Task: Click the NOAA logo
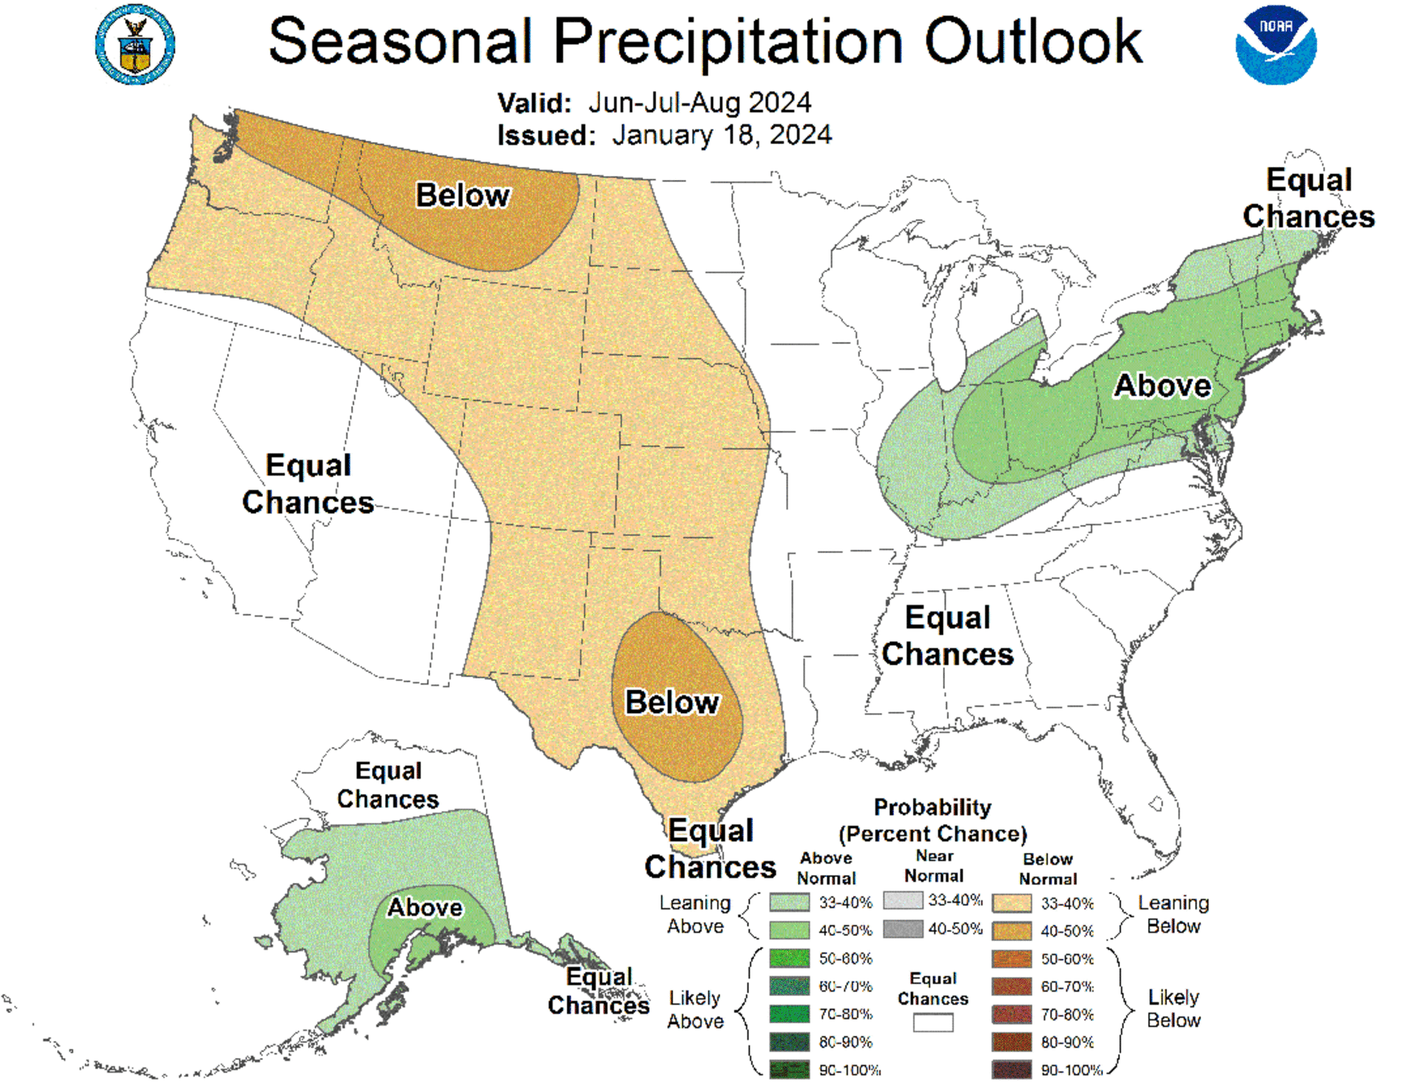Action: pos(1275,46)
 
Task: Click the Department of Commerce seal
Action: pos(135,46)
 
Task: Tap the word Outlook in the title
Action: pos(1033,42)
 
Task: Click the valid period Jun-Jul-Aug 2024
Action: pos(699,103)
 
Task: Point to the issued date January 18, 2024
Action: pos(721,135)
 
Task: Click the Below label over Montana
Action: pos(462,196)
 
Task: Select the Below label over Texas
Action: pos(672,702)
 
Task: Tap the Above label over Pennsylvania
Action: pos(1162,385)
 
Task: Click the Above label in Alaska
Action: pos(425,907)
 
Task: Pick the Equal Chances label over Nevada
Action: pos(308,484)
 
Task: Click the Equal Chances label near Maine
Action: pos(1308,198)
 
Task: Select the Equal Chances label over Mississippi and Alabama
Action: pos(947,636)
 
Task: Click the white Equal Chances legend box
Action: pos(933,1023)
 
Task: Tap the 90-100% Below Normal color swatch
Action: pos(1011,1070)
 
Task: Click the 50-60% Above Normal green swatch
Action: pos(789,958)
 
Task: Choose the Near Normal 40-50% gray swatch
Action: pos(902,929)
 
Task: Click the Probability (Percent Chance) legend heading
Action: pos(932,820)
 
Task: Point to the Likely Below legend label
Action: pos(1173,1009)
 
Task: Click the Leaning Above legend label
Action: pos(694,915)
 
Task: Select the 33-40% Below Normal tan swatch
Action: pos(1011,903)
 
